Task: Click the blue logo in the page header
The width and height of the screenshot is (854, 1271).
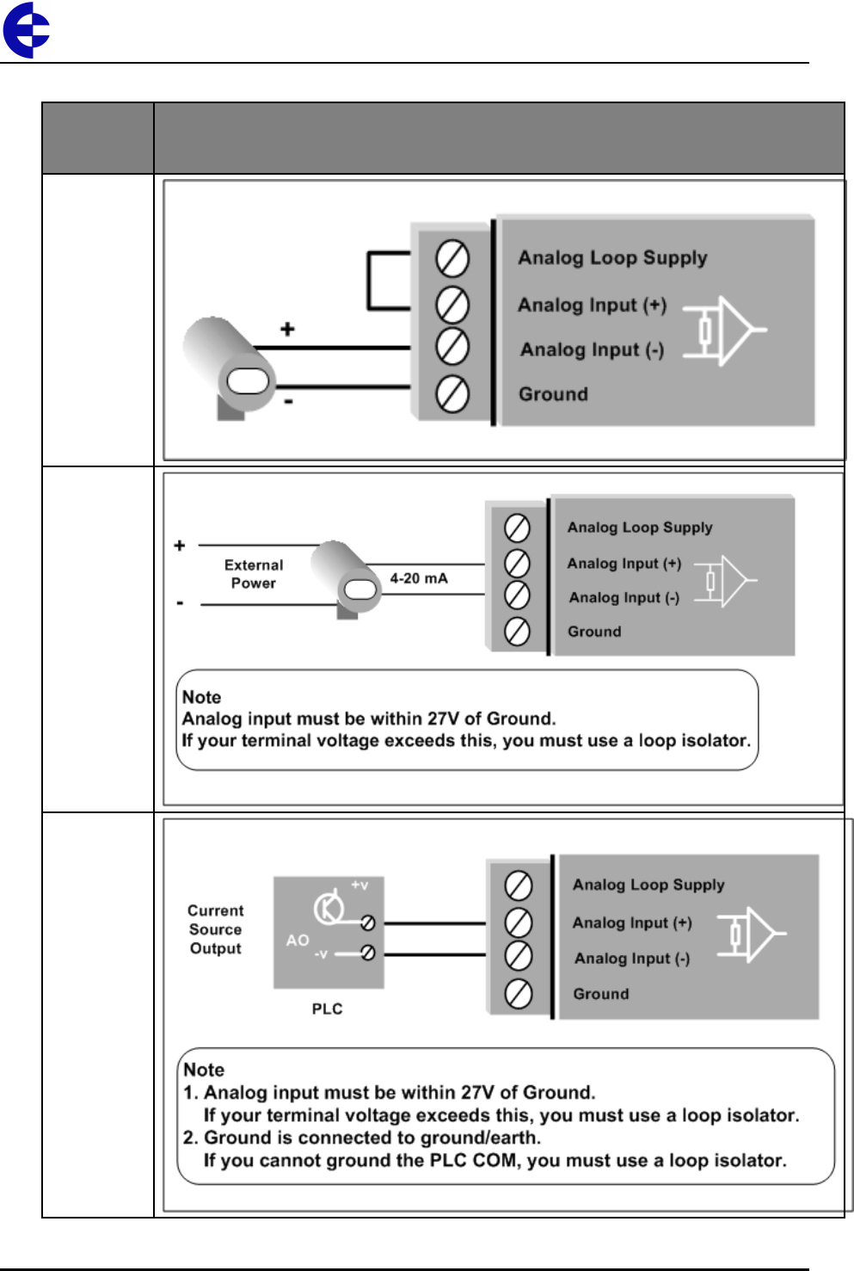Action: (x=27, y=30)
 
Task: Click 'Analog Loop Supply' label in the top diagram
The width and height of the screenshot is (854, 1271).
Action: (x=612, y=257)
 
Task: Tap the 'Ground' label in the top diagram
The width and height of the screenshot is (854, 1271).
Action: (x=553, y=394)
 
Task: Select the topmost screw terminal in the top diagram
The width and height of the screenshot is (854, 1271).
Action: (x=452, y=258)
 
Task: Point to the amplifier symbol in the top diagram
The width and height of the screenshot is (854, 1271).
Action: (x=728, y=330)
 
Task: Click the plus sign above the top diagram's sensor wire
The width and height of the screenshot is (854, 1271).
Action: (x=287, y=329)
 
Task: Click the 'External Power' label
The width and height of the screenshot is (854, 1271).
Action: (x=254, y=574)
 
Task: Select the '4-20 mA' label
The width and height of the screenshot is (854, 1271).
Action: (x=419, y=578)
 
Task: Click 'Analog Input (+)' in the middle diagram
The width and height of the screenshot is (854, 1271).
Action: (x=624, y=564)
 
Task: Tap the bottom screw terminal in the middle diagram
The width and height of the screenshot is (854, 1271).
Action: (x=516, y=632)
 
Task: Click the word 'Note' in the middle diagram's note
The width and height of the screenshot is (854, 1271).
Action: (x=202, y=697)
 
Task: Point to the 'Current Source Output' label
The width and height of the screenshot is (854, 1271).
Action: (x=216, y=929)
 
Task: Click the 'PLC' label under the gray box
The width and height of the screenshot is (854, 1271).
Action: (x=327, y=1009)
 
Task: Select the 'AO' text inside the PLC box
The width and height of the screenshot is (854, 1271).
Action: (x=298, y=941)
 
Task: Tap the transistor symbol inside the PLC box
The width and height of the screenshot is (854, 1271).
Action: (x=329, y=906)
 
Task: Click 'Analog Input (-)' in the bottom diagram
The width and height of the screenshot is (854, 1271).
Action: (x=632, y=959)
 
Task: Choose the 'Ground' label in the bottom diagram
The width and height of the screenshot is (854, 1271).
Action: (x=601, y=994)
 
